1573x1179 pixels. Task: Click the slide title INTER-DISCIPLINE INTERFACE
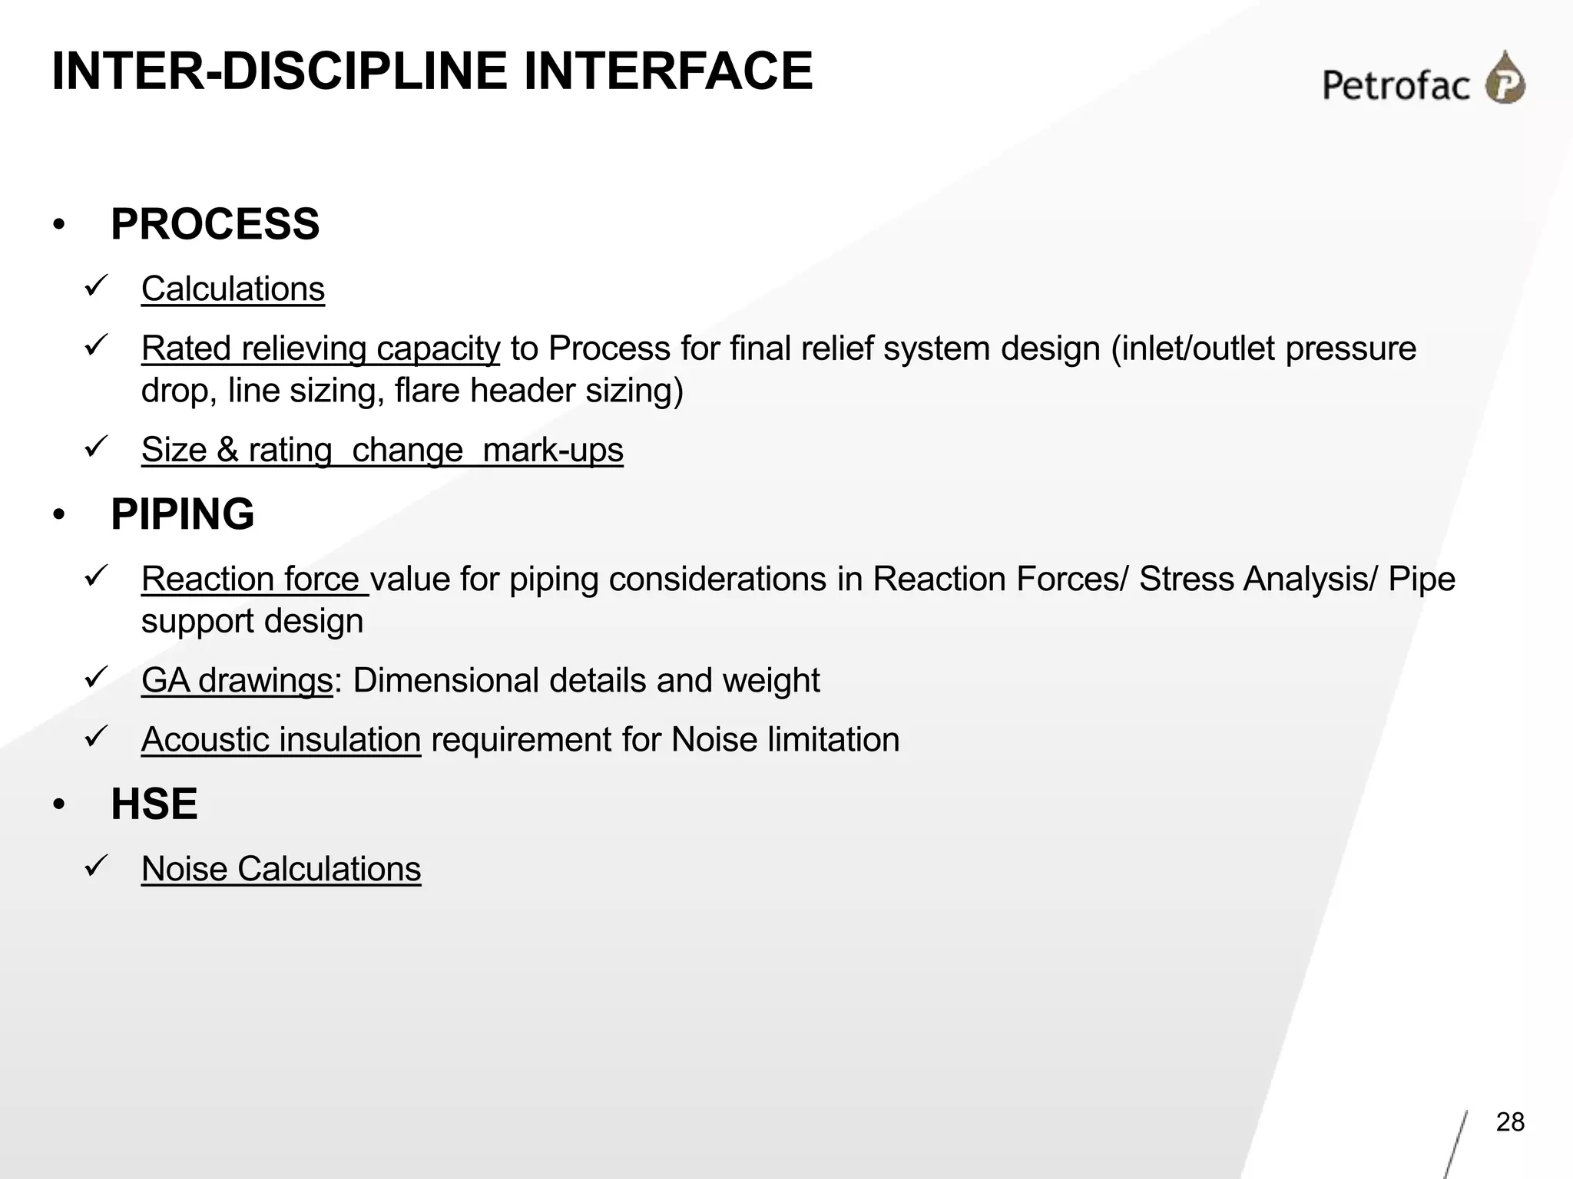click(x=432, y=71)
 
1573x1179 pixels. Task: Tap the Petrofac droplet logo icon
click(x=1505, y=78)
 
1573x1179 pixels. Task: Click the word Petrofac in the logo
click(x=1396, y=84)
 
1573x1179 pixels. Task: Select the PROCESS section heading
click(x=215, y=224)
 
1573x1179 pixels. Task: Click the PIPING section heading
click(x=183, y=514)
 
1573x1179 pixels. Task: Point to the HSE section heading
click(x=154, y=804)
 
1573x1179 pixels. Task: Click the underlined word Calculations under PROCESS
click(x=233, y=289)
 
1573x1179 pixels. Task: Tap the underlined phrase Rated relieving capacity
click(x=320, y=348)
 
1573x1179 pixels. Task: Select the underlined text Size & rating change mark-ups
click(x=382, y=450)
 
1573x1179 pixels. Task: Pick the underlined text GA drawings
click(x=237, y=681)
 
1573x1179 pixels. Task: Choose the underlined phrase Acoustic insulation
click(x=281, y=740)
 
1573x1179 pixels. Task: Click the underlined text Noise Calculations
click(x=281, y=870)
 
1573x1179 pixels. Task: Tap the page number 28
click(x=1510, y=1122)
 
